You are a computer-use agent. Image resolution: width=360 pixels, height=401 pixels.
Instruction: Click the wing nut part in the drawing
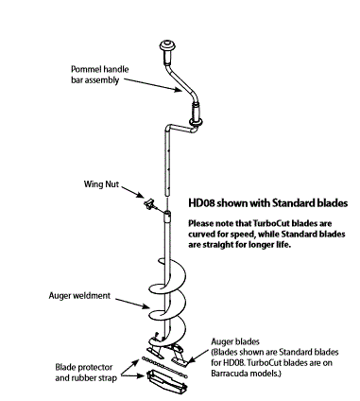(151, 203)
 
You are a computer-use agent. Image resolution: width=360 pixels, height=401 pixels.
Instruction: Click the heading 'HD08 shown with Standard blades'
(268, 202)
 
